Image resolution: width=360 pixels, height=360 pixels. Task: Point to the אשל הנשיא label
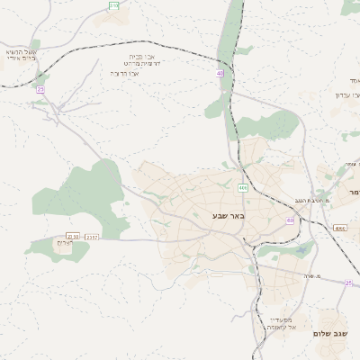point(21,51)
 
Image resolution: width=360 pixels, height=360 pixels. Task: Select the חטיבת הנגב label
point(310,200)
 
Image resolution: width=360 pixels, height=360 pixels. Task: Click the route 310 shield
point(113,5)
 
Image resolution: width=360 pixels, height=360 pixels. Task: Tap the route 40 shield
point(220,73)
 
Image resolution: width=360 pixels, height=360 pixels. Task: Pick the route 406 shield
point(243,187)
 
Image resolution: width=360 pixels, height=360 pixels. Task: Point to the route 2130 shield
point(74,236)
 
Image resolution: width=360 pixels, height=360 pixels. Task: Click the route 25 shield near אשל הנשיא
point(40,89)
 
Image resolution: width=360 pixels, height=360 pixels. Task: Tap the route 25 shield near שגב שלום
point(348,283)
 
